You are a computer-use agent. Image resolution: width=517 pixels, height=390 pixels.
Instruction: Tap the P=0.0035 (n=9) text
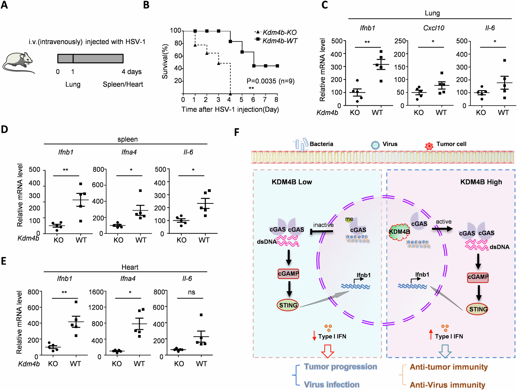(270, 81)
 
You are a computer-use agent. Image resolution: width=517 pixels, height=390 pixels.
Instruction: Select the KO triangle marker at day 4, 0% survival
(230, 94)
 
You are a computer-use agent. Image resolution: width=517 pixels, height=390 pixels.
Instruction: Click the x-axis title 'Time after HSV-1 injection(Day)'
(230, 109)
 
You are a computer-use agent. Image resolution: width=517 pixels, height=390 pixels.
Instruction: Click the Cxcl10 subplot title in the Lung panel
(433, 28)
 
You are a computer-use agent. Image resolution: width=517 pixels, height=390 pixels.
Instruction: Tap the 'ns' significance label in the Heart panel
(191, 292)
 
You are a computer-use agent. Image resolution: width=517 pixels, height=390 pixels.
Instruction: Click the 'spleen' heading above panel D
(127, 139)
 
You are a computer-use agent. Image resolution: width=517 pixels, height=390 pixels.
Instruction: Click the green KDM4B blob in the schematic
(399, 232)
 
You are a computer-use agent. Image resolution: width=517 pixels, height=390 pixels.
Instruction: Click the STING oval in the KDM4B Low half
(288, 305)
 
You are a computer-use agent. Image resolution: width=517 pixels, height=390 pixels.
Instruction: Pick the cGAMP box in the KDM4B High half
(478, 277)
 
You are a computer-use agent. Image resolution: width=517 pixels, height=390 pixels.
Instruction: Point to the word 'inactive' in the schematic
(323, 225)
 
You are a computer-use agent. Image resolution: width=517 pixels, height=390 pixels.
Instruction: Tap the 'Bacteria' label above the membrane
(321, 144)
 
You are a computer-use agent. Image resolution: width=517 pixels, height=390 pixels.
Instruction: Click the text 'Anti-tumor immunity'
(448, 367)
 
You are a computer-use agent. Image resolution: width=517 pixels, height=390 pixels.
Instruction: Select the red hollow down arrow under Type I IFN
(327, 351)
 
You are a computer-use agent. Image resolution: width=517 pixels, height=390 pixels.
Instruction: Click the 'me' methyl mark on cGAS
(349, 219)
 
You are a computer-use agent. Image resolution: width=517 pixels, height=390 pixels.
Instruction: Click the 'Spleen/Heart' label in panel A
(123, 84)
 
